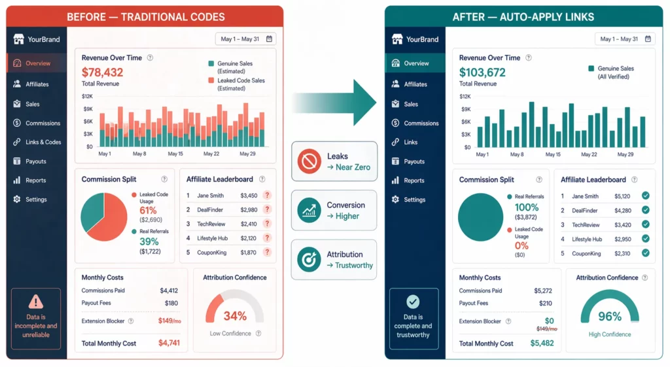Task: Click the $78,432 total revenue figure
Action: pyautogui.click(x=102, y=72)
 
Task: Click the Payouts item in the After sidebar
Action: pyautogui.click(x=414, y=161)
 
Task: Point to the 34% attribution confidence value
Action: pyautogui.click(x=235, y=316)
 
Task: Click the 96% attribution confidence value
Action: pyautogui.click(x=609, y=317)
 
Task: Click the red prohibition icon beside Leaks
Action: pyautogui.click(x=309, y=161)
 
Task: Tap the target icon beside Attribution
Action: pyautogui.click(x=309, y=259)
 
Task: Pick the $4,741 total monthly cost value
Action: pyautogui.click(x=169, y=343)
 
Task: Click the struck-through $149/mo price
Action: pyautogui.click(x=546, y=329)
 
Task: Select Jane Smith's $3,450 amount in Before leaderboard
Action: pyautogui.click(x=249, y=195)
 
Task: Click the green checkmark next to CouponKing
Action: pyautogui.click(x=645, y=253)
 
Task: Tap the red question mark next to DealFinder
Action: pyautogui.click(x=267, y=210)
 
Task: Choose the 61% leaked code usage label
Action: pyautogui.click(x=148, y=210)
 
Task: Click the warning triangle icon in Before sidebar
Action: pyautogui.click(x=36, y=301)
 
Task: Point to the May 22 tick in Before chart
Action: pyautogui.click(x=211, y=154)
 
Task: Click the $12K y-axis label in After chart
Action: pyautogui.click(x=465, y=96)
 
